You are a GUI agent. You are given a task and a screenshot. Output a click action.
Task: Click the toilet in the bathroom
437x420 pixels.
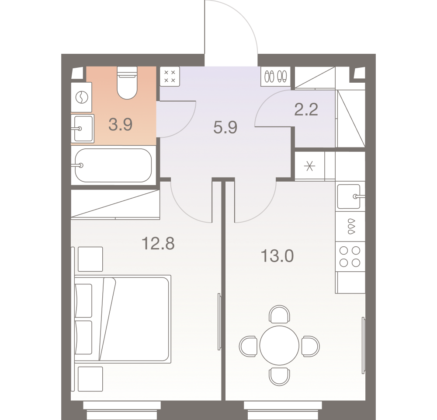click(x=127, y=82)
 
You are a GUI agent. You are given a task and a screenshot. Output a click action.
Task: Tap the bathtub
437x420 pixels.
click(x=114, y=165)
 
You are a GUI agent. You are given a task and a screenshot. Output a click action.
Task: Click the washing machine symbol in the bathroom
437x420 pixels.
click(x=82, y=98)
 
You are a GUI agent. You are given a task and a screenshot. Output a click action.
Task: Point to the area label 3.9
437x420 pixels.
click(x=121, y=124)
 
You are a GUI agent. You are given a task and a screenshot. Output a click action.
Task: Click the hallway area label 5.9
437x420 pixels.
click(x=225, y=128)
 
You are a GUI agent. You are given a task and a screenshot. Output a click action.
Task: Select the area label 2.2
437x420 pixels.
click(x=306, y=109)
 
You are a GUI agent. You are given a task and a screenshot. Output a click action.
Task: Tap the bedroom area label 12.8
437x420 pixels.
click(x=158, y=243)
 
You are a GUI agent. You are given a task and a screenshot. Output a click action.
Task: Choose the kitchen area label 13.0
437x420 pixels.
click(x=277, y=256)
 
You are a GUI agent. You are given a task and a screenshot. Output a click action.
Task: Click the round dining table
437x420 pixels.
click(x=279, y=346)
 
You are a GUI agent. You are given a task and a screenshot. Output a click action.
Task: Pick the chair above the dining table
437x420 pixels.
click(x=279, y=314)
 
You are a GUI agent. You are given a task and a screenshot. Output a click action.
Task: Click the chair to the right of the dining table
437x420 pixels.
click(x=311, y=346)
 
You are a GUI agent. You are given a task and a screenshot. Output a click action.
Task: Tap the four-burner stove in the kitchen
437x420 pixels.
click(x=350, y=257)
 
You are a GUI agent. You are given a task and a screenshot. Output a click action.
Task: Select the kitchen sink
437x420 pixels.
click(x=350, y=196)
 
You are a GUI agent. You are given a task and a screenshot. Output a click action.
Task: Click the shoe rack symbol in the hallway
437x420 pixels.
click(x=275, y=76)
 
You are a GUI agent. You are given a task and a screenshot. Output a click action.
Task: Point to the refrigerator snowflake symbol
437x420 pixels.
click(x=309, y=167)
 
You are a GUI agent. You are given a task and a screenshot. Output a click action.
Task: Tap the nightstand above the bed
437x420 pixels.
click(x=90, y=259)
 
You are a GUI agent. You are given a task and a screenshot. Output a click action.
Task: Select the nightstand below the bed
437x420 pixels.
click(x=90, y=379)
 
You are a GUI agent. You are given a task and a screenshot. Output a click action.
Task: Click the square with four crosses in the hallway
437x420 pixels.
click(x=170, y=77)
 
